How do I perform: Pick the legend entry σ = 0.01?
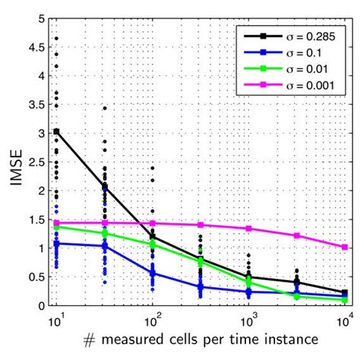(301, 74)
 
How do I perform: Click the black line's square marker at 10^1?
(56, 131)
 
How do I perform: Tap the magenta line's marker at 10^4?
(346, 247)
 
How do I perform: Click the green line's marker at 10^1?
(56, 226)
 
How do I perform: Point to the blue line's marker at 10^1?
(56, 243)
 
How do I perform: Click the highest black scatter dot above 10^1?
(56, 37)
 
